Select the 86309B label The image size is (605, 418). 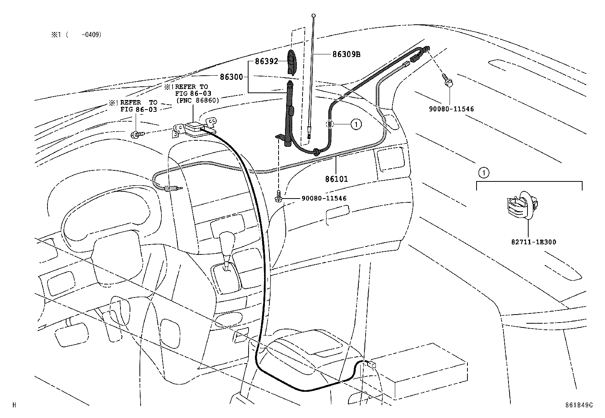coord(346,54)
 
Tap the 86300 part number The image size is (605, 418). coord(231,77)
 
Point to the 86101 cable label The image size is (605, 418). coord(336,179)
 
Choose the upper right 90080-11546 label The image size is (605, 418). coord(451,109)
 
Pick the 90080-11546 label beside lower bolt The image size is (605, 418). coord(324,198)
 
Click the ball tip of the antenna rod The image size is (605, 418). coord(314,16)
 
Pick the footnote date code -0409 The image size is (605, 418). coord(91,35)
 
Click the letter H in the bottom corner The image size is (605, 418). coord(14,405)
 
